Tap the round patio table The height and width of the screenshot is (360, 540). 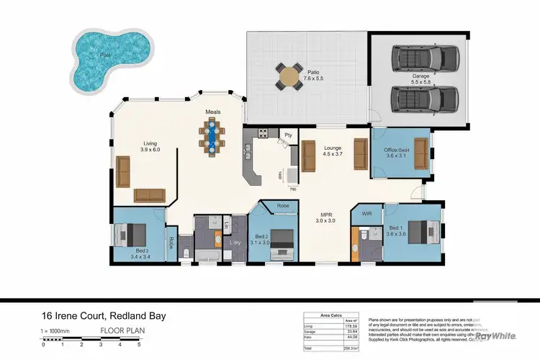tap(289, 76)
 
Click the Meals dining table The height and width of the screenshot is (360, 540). tap(211, 136)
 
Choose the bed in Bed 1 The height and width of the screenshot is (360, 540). tap(424, 231)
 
